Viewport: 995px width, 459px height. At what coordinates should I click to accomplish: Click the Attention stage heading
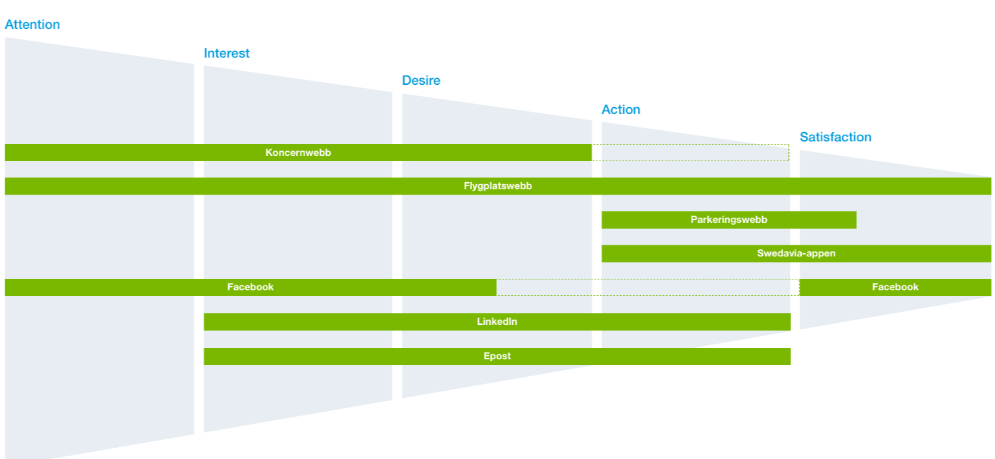point(32,24)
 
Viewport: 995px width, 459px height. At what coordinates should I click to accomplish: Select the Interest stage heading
point(226,53)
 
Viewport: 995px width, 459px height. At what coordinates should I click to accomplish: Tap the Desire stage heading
point(421,80)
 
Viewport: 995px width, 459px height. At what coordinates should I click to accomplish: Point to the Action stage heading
point(621,109)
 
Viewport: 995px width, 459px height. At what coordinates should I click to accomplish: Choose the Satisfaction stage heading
point(836,137)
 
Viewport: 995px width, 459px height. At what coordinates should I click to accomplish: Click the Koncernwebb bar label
point(298,153)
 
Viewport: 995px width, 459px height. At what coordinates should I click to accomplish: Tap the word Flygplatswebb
point(497,185)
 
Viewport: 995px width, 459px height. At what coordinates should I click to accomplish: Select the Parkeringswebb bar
point(729,220)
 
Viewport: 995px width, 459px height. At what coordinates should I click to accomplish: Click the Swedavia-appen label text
point(796,253)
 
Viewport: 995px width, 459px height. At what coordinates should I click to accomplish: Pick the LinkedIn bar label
point(497,322)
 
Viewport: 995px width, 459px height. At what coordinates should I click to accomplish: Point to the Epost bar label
point(497,356)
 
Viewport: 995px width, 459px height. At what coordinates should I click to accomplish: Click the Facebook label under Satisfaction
point(895,287)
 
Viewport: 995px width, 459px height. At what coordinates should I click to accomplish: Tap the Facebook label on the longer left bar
point(250,287)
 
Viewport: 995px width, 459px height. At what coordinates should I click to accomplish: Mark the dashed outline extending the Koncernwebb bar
point(691,153)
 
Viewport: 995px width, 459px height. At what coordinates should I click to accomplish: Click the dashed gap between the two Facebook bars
point(648,287)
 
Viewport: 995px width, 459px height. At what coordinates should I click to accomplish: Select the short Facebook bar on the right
point(895,287)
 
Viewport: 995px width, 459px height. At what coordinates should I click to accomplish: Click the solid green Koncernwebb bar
point(298,153)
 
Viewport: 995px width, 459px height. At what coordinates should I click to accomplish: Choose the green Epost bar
point(497,356)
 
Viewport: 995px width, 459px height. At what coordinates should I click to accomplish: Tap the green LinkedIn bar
point(497,322)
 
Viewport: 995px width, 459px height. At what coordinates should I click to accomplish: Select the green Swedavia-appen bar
point(796,254)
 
